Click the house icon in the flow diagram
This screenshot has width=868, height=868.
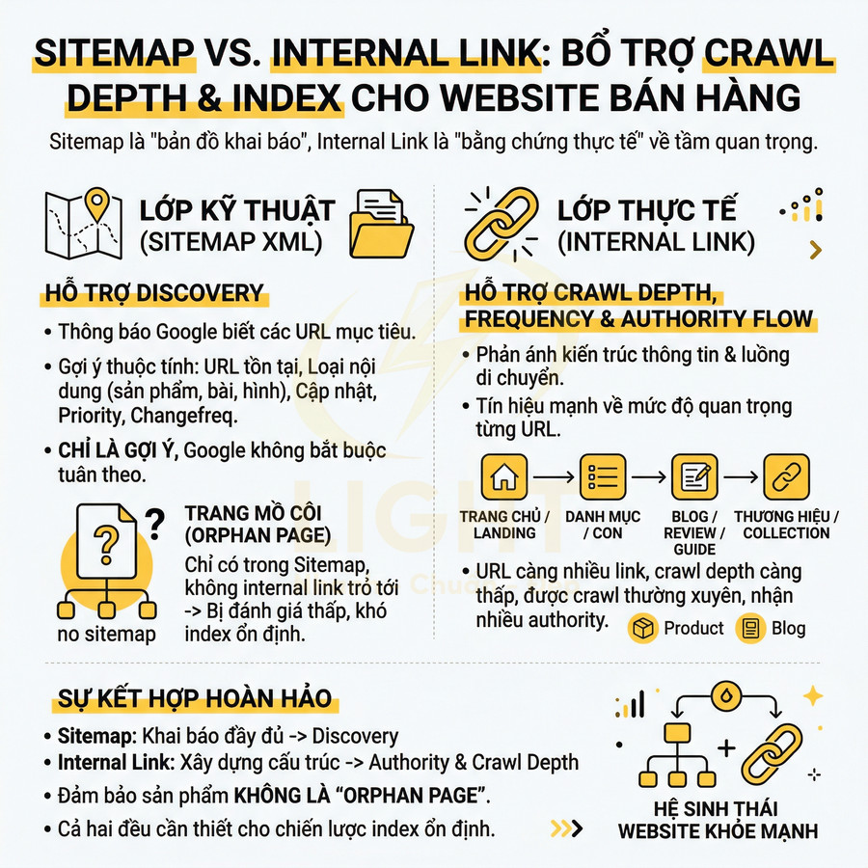click(x=503, y=476)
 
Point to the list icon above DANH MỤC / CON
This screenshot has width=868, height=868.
click(x=604, y=476)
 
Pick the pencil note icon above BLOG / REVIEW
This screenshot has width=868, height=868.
click(x=693, y=476)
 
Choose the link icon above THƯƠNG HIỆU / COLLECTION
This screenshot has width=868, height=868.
click(x=786, y=476)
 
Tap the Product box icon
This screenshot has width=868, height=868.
click(x=641, y=629)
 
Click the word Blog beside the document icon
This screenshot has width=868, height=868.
click(x=788, y=629)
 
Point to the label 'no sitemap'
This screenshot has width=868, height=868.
click(x=106, y=634)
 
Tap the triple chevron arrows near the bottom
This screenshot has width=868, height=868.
click(x=566, y=827)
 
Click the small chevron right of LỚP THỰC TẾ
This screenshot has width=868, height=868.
click(x=816, y=251)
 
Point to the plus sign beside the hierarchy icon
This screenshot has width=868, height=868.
click(x=726, y=747)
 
